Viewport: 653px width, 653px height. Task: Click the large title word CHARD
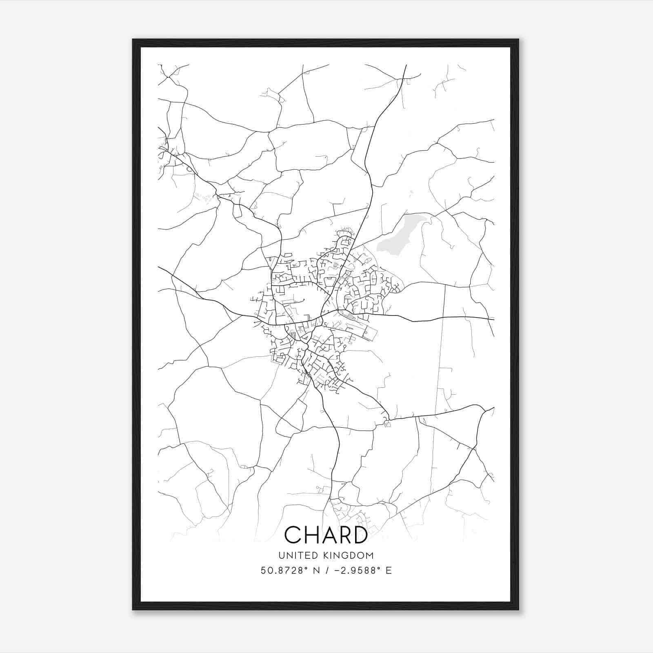tap(326, 535)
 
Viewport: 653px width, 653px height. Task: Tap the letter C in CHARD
tap(293, 535)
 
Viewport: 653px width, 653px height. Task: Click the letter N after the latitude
tap(316, 571)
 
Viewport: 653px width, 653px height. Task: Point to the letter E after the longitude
tap(389, 571)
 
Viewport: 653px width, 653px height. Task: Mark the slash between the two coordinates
tap(326, 571)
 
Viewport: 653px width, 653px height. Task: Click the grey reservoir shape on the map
tap(398, 237)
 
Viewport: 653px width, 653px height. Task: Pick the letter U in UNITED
tap(280, 555)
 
